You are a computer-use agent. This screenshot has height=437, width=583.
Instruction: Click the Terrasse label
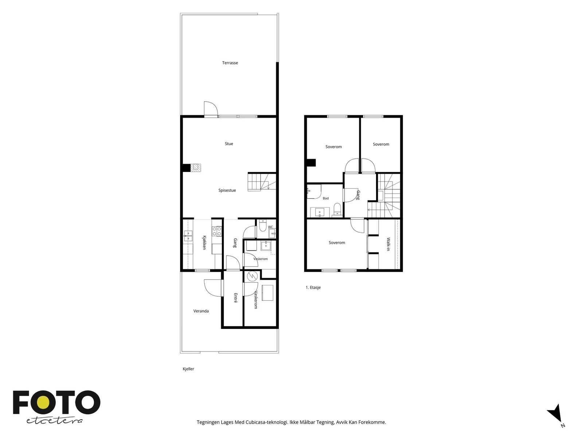click(230, 63)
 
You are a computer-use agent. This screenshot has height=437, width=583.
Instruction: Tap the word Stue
click(229, 143)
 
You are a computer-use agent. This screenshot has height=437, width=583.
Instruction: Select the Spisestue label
click(227, 190)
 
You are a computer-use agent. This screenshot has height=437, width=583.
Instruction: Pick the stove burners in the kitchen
click(216, 231)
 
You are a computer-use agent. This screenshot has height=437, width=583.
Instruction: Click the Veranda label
click(201, 311)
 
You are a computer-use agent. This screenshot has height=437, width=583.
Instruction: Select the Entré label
click(236, 298)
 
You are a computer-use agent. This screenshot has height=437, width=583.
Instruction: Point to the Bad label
click(326, 198)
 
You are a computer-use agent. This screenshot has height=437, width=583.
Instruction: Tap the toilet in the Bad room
click(337, 209)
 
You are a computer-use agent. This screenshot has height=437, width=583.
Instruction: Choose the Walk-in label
click(388, 244)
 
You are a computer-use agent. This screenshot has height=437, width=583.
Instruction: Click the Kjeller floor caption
click(188, 369)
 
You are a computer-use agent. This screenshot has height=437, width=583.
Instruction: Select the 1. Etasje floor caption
click(313, 287)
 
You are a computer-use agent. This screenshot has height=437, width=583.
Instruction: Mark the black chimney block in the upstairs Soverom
click(311, 163)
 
